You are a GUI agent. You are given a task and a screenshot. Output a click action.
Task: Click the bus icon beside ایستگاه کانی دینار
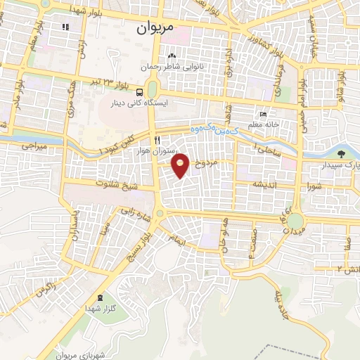tap(141, 91)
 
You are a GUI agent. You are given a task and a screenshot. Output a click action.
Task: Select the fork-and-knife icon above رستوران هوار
tap(157, 139)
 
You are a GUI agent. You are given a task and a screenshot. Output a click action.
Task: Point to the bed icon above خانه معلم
tap(263, 115)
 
